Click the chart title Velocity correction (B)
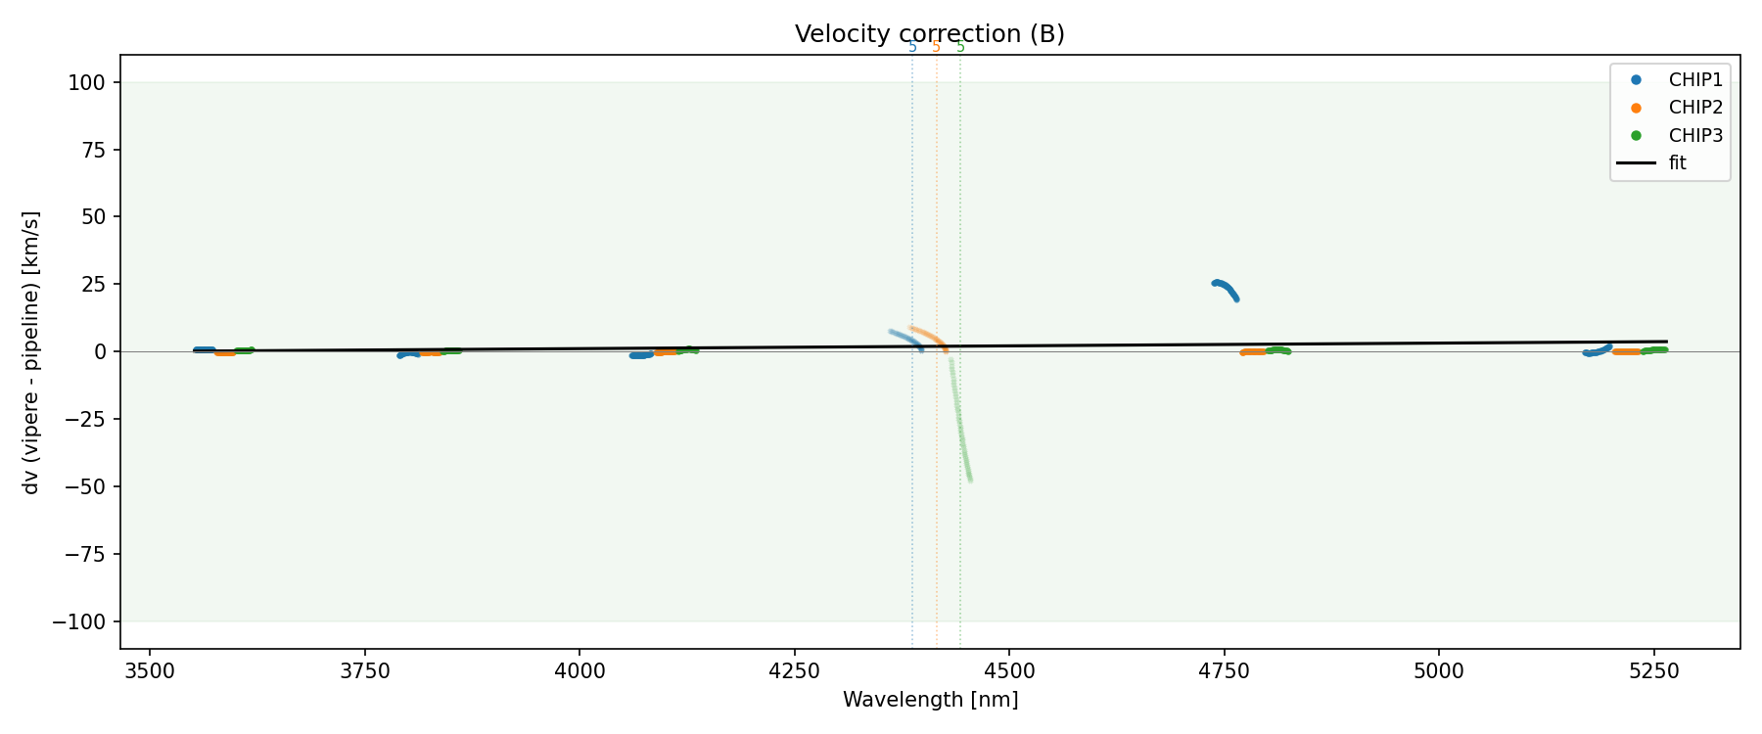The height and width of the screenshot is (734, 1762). [929, 34]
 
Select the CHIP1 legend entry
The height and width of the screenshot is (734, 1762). [1695, 80]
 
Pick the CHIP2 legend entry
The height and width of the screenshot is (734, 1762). [1695, 108]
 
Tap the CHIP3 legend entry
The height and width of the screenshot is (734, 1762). [1695, 136]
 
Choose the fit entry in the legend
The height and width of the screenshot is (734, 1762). [1678, 163]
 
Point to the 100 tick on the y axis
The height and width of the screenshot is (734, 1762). [90, 82]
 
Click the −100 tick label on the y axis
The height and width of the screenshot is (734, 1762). [84, 621]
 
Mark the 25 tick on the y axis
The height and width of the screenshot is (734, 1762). [95, 285]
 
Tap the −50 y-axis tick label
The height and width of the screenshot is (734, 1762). [89, 486]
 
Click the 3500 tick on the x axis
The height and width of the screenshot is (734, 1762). [150, 670]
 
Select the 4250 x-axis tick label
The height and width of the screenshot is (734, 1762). [794, 670]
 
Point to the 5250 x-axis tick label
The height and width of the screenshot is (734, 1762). [1654, 670]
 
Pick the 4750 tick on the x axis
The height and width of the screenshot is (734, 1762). [1225, 670]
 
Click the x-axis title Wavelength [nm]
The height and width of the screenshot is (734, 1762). [930, 700]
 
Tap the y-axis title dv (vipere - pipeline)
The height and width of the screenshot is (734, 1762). [31, 352]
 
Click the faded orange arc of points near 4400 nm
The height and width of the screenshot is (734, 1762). [928, 336]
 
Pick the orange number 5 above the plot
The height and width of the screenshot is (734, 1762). [936, 47]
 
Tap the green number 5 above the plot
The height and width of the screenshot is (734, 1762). [960, 47]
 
